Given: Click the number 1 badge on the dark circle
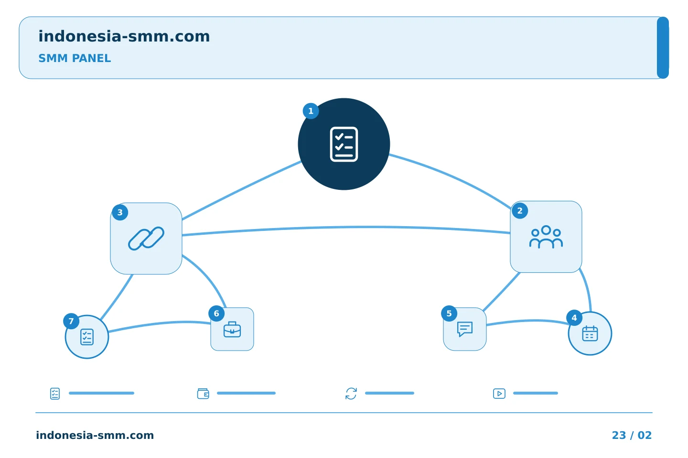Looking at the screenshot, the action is pos(311,111).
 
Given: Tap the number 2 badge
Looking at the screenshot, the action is pos(520,211).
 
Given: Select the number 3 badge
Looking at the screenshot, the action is pos(120,212).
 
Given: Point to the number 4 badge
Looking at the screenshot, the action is pos(574,318).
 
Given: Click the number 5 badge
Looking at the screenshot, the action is pos(449,313).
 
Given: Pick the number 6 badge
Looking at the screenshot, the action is pos(216,313).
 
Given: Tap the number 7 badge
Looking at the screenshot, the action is pos(71,321).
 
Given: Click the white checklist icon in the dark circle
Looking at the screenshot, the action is pos(344,144).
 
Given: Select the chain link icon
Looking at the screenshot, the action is pos(146,239).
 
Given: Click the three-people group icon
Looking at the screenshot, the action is pos(546,237).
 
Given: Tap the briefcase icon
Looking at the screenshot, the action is pos(232,330).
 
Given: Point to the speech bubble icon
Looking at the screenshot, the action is pos(465,329).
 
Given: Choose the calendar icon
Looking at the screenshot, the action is pos(590,333).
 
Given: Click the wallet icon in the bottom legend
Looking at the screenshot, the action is pos(203,393).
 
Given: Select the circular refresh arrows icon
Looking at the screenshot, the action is pos(351,394).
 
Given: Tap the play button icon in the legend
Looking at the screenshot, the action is pos(499,394).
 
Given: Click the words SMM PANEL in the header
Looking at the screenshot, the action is pos(75,58).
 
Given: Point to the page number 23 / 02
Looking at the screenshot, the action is pos(632,435).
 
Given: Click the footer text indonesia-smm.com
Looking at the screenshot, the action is pos(95,435).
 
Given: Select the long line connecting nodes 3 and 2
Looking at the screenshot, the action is pos(346,227).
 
